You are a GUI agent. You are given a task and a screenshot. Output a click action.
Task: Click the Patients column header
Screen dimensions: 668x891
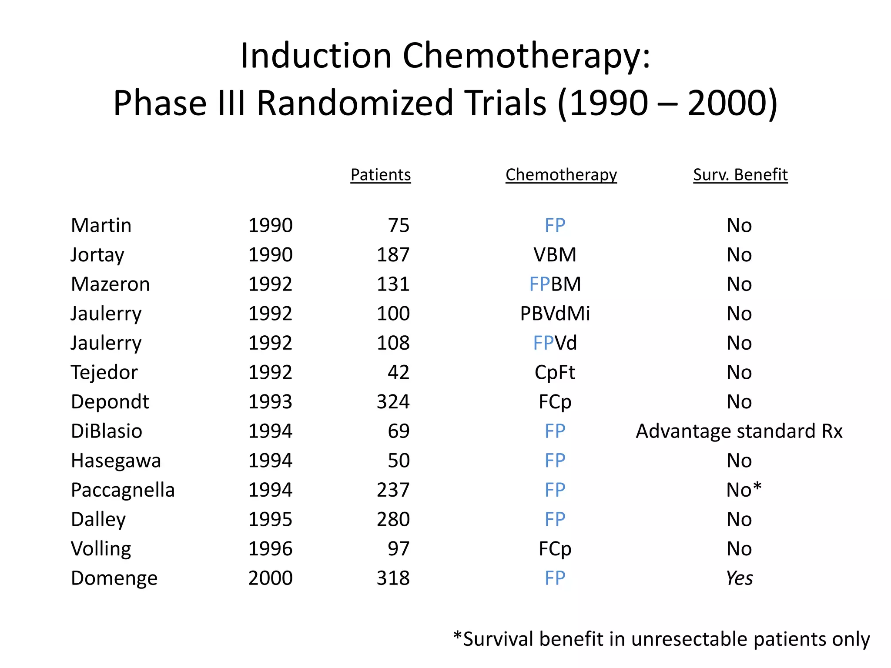(381, 175)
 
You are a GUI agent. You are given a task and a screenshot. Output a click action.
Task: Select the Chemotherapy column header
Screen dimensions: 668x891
(561, 175)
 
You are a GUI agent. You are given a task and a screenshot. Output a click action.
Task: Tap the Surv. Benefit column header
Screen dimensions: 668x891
(740, 175)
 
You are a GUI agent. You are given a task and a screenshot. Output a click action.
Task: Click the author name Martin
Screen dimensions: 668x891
(101, 225)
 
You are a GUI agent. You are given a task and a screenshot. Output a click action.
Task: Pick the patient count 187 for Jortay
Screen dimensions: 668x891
(393, 255)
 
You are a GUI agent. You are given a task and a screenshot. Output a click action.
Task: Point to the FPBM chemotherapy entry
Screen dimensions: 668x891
(555, 284)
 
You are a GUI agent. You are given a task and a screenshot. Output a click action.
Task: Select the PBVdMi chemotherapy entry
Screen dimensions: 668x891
(555, 314)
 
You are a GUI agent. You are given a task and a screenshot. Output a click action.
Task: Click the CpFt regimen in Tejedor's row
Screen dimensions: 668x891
(555, 372)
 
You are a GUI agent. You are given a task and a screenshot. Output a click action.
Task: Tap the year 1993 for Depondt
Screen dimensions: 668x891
(270, 402)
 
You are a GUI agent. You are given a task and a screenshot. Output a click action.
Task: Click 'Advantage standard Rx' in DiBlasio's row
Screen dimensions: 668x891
(739, 431)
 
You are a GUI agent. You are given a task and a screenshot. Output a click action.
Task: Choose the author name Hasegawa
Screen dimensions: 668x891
(116, 461)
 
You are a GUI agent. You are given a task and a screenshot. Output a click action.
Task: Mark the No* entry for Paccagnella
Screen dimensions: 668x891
(744, 490)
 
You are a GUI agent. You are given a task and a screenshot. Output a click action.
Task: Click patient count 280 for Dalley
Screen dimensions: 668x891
(393, 519)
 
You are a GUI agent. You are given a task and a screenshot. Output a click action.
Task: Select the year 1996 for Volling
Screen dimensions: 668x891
(270, 549)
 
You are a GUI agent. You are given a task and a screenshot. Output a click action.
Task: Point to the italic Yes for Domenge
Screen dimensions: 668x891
(739, 578)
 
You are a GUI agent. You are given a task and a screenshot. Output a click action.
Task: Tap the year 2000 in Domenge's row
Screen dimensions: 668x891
(270, 578)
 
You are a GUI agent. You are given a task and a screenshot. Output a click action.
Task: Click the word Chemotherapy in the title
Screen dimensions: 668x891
(526, 57)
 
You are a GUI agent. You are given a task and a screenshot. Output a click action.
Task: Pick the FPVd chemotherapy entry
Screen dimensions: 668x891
(555, 343)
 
